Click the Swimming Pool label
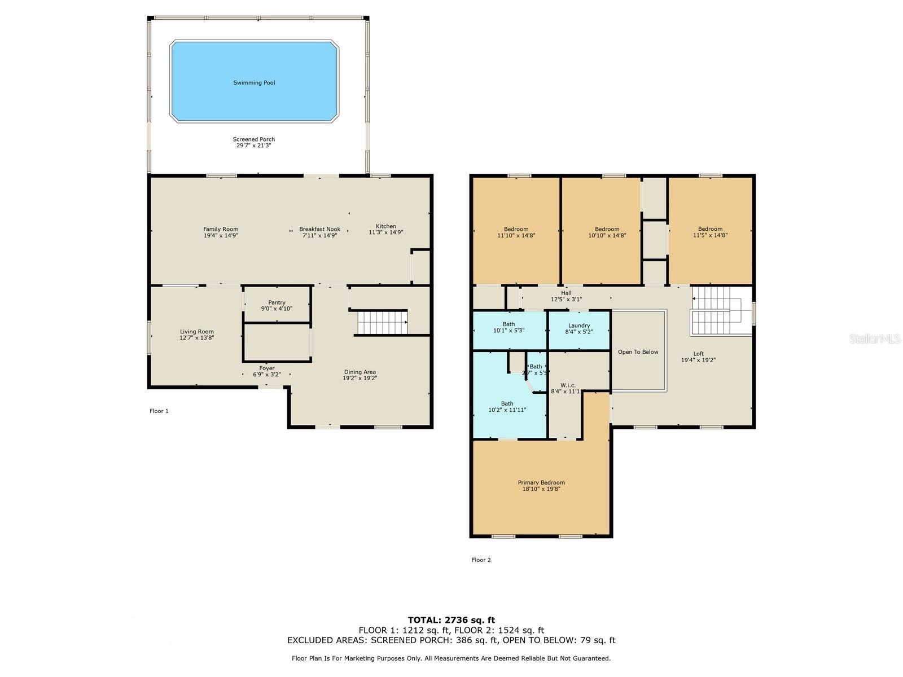pos(254,82)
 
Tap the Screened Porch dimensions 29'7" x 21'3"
pos(254,146)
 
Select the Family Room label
pos(221,230)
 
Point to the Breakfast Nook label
pos(319,230)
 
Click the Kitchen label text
pos(386,226)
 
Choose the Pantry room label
pos(277,302)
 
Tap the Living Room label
pos(196,332)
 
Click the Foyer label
pos(266,368)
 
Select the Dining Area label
pos(360,372)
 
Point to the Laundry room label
pos(579,326)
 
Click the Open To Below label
pos(638,352)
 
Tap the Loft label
pos(698,354)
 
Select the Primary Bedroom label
pos(541,482)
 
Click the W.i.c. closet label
pos(568,385)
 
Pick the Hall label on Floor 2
pos(566,293)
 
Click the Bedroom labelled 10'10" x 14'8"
pos(607,232)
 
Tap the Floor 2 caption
pos(481,560)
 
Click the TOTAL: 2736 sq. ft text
pos(451,620)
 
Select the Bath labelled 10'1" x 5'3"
pos(509,327)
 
